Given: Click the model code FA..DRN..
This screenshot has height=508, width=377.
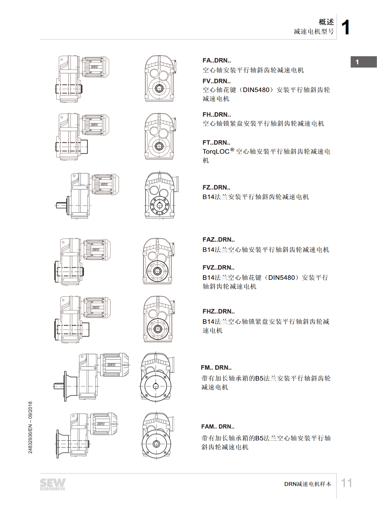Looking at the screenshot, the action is (216, 60).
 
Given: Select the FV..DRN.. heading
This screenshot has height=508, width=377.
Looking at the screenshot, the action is (216, 81).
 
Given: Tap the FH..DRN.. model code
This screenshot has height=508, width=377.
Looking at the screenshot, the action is (217, 115).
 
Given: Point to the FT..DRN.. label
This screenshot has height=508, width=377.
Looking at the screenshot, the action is (216, 143).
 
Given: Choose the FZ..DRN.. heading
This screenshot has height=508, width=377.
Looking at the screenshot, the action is (216, 187).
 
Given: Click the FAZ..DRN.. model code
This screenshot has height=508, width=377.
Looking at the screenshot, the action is (219, 240).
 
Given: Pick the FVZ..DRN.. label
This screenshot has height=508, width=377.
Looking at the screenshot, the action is (218, 268).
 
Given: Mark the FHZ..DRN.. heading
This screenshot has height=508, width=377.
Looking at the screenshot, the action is (219, 312).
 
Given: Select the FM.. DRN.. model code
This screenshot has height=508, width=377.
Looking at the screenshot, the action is (216, 368).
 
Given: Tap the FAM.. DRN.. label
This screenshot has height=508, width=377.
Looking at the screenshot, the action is (218, 427).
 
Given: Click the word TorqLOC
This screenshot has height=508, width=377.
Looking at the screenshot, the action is (216, 151).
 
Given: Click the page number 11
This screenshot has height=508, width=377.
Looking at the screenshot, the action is (346, 483).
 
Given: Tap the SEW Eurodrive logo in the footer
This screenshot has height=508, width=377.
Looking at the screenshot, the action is (53, 484).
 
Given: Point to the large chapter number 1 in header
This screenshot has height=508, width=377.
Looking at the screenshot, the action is (345, 27).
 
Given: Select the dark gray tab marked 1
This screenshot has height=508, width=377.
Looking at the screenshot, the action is (364, 62).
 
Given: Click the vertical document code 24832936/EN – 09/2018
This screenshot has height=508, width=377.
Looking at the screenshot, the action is (30, 427).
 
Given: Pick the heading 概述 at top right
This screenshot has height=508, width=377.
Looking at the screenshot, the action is (327, 22).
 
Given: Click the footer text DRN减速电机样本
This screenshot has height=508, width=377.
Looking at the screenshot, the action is (307, 484).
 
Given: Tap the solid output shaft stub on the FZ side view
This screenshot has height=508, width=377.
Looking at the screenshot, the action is (62, 205).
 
